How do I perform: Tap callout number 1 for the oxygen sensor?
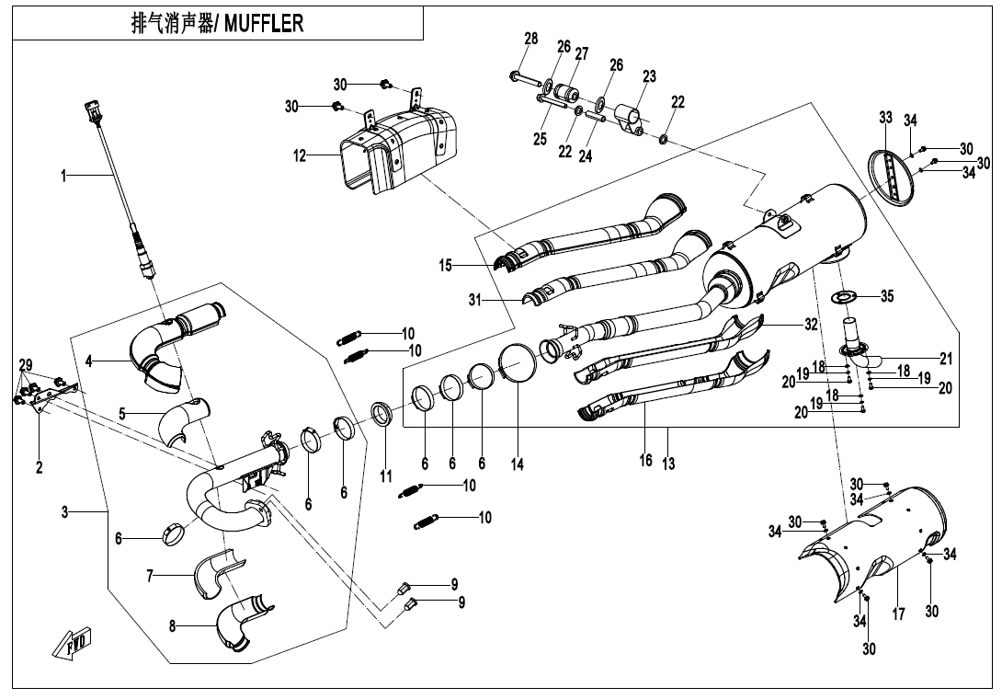[x=63, y=176]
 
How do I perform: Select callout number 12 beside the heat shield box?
[x=300, y=156]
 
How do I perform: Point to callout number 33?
[x=885, y=118]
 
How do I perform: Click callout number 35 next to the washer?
[x=886, y=296]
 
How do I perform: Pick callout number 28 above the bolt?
[x=531, y=39]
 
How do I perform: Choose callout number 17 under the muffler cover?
[x=898, y=613]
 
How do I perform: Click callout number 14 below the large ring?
[x=518, y=465]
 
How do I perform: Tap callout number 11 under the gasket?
[x=386, y=476]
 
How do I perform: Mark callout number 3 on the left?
[x=64, y=511]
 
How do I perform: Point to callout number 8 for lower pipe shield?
[x=172, y=625]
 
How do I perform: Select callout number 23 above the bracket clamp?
[x=649, y=77]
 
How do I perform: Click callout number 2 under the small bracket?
[x=40, y=467]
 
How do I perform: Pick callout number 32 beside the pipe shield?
[x=811, y=324]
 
